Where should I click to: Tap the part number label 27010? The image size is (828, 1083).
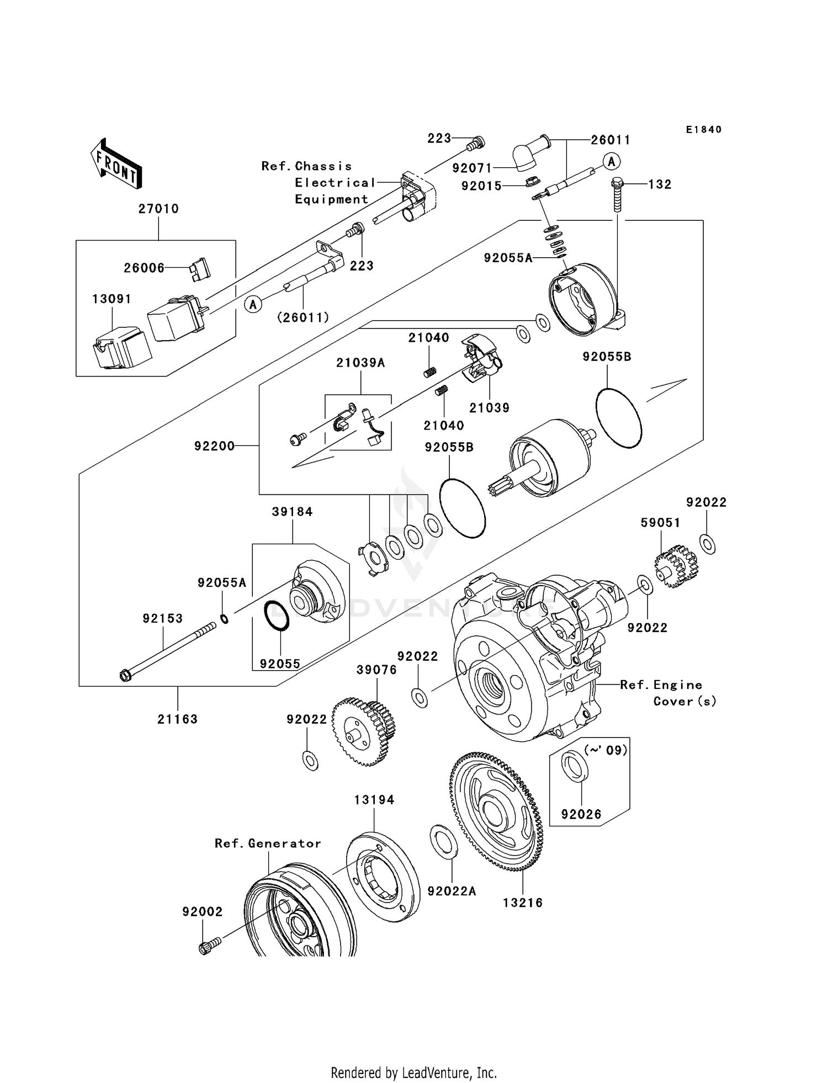158,209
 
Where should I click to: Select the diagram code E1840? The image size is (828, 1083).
704,130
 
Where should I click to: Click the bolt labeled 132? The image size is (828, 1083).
618,195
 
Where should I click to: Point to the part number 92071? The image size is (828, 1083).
472,167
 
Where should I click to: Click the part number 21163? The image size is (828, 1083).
177,719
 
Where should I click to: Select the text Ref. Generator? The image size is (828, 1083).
268,843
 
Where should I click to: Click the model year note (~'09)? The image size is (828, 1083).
606,750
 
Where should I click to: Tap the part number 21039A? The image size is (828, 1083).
360,363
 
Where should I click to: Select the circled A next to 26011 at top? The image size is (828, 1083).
611,162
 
